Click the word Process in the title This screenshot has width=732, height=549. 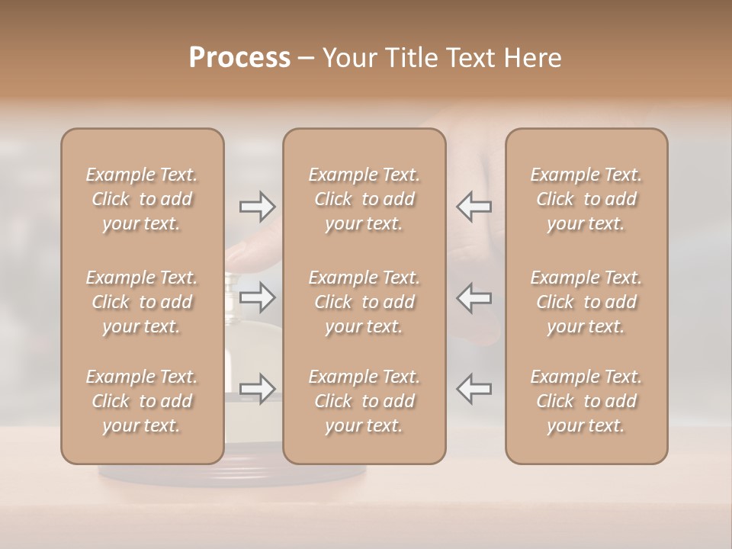(239, 58)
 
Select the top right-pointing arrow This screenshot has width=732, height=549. (257, 206)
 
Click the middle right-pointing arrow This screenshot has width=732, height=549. (257, 297)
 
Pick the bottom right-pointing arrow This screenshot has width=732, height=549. (257, 388)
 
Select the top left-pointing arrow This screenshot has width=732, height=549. (474, 206)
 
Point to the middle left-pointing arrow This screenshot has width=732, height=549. (474, 297)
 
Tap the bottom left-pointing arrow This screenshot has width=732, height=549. (474, 388)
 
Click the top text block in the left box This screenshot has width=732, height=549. (142, 199)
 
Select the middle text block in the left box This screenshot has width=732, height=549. (142, 302)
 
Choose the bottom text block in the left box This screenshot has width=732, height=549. (142, 401)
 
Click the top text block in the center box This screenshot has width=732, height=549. (364, 199)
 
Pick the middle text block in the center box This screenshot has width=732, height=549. (364, 302)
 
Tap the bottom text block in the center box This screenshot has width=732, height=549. (364, 401)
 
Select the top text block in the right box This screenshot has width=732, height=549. (586, 199)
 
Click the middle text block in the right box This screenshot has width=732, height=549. (586, 302)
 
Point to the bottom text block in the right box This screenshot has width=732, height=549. (586, 401)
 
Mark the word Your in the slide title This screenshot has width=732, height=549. (348, 58)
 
